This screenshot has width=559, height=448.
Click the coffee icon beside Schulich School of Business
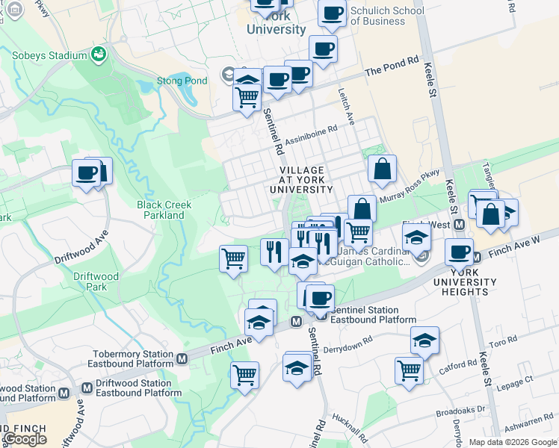(332, 13)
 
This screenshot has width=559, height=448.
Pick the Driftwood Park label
(96, 281)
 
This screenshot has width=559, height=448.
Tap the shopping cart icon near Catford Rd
(410, 368)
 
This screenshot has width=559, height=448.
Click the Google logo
(25, 438)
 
